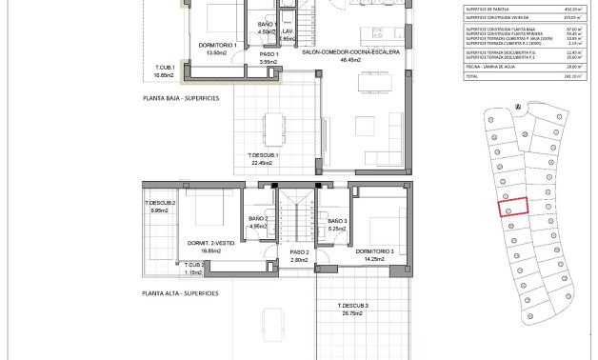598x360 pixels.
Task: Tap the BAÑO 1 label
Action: click(268, 24)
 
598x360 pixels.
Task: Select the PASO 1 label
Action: click(269, 55)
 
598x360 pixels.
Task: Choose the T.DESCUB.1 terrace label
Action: click(263, 154)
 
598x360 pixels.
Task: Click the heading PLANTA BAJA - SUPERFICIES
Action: click(180, 97)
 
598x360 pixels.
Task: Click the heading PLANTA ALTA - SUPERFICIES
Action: click(180, 293)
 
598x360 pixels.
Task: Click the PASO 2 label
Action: click(301, 251)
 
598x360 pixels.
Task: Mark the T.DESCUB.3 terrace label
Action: click(352, 305)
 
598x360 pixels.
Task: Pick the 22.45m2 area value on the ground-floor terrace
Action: click(263, 163)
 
